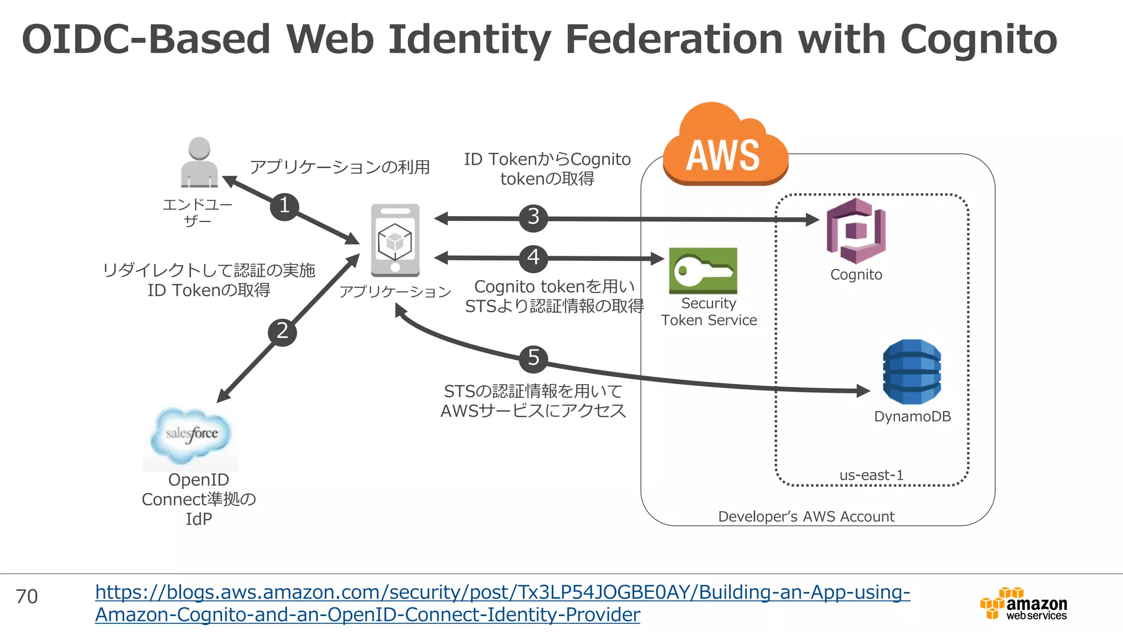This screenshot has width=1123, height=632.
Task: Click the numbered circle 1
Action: tap(284, 206)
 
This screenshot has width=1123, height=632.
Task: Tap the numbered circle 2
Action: tap(282, 332)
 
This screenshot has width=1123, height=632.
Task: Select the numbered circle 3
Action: tap(533, 217)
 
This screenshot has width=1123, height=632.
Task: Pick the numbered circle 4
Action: tap(533, 258)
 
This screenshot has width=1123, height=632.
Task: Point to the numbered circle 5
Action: tap(533, 359)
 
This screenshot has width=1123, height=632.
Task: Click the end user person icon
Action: tap(199, 162)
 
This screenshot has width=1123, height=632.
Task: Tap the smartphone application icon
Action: tap(395, 240)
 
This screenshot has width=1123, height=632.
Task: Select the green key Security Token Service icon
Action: tap(703, 270)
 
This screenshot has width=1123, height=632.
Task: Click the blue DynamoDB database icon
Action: tap(912, 372)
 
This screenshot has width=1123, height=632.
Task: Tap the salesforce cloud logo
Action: tap(191, 435)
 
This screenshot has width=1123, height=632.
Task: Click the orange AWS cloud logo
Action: tap(725, 146)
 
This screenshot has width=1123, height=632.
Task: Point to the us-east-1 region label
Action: tap(871, 475)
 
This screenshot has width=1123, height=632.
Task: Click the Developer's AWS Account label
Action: tap(806, 517)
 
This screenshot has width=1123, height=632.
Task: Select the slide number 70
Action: tap(27, 596)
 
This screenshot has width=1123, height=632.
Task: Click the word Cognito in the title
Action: tap(978, 39)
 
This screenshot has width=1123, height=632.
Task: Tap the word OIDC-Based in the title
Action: tap(146, 39)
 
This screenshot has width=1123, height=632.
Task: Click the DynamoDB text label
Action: tap(912, 416)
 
